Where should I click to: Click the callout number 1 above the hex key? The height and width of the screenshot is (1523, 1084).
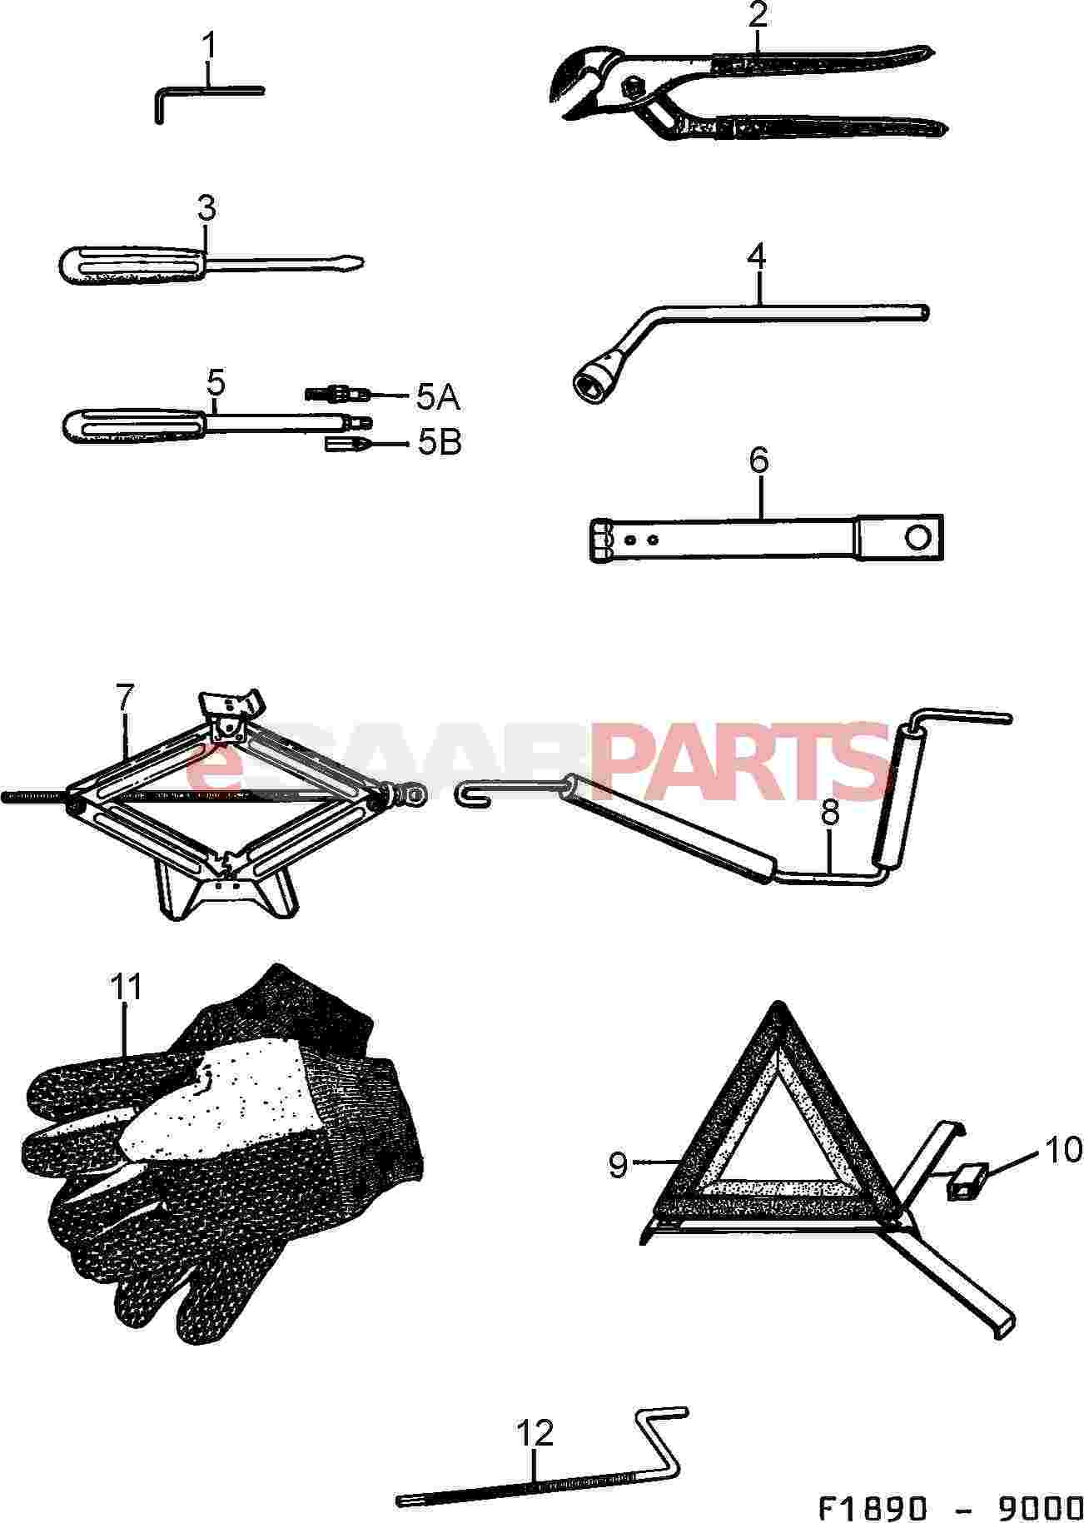point(210,46)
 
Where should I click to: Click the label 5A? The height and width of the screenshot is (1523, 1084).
point(438,397)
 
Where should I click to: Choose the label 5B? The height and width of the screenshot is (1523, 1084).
point(439,442)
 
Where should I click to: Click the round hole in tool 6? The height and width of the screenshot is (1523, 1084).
point(919,538)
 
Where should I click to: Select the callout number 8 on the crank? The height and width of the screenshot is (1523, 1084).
point(830,814)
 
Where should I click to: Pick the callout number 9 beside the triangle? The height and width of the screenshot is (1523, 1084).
point(618,1165)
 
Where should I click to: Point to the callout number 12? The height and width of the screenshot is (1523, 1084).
point(535,1433)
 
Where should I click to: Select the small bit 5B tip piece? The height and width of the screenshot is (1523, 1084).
point(346,444)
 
